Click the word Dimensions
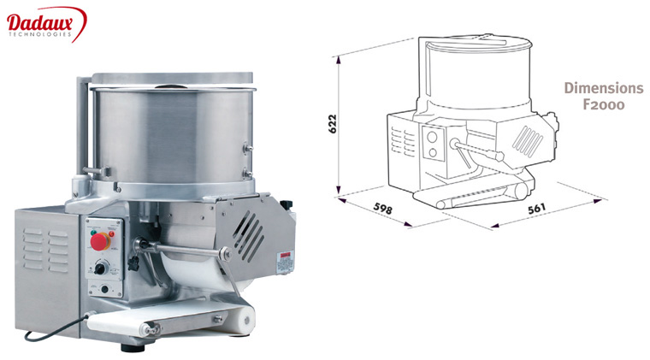602,89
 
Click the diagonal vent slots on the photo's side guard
249,228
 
